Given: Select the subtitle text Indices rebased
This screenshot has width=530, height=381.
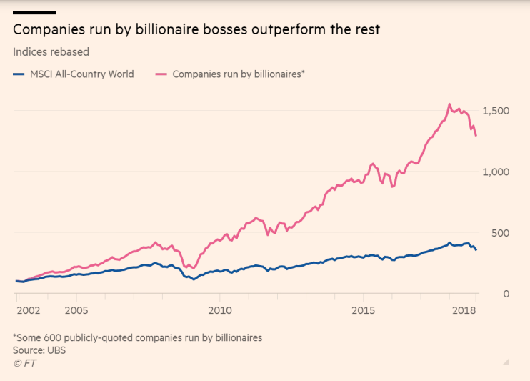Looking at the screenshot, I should [51, 51].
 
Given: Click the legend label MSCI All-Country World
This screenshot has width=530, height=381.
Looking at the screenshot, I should [82, 74].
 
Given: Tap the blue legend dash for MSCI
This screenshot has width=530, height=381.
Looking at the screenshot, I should [19, 74].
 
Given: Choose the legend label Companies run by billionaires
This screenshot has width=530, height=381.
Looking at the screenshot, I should [239, 74].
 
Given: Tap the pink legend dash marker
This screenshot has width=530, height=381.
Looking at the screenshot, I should [161, 74].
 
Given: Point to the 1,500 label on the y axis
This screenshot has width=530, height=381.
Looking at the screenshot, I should [496, 111].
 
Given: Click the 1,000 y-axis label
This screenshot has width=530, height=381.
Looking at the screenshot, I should [496, 172].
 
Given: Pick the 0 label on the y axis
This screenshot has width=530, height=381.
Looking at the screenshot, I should [505, 294].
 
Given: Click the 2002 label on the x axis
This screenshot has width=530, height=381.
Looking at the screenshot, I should [29, 312].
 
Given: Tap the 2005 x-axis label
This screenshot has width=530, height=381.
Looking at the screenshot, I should [76, 312].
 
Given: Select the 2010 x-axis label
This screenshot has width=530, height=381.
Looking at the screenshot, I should [220, 312].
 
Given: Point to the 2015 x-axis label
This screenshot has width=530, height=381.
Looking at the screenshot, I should [364, 312].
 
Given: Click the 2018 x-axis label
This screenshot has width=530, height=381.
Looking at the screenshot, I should [465, 312].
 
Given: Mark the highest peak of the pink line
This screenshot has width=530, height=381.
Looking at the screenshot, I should [449, 104].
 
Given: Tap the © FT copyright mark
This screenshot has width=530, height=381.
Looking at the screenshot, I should [25, 363].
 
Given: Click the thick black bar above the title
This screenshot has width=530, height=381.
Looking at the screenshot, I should [34, 13].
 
